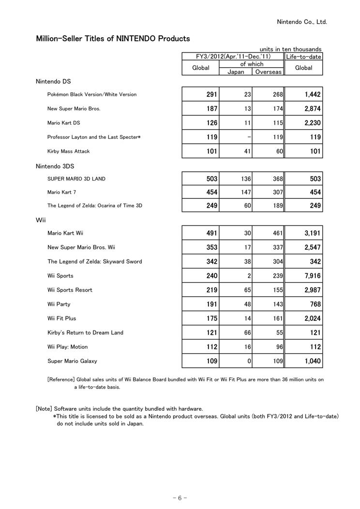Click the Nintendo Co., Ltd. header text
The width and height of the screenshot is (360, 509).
click(301, 22)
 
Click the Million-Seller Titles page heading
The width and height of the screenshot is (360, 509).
click(113, 39)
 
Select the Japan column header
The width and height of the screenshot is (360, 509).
click(236, 72)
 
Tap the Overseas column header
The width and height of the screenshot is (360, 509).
click(268, 72)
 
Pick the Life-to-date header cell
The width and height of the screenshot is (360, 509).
click(303, 57)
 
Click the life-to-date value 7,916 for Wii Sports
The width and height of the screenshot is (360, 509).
click(312, 276)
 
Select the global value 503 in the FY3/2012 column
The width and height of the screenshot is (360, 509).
click(211, 179)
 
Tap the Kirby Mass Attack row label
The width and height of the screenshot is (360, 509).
click(68, 151)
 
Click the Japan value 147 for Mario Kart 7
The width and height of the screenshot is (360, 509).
click(246, 193)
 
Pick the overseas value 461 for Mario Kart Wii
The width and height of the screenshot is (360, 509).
click(278, 233)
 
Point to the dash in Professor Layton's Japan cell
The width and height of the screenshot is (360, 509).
click(249, 137)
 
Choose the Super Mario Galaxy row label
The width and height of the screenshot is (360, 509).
click(72, 361)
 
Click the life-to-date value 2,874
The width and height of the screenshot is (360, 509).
click(312, 109)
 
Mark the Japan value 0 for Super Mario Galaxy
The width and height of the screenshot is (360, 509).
click(249, 361)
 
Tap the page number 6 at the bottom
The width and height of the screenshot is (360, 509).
click(180, 498)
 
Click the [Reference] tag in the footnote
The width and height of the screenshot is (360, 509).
click(61, 380)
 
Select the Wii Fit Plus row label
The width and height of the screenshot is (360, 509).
click(61, 318)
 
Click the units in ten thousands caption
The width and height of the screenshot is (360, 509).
click(290, 49)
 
